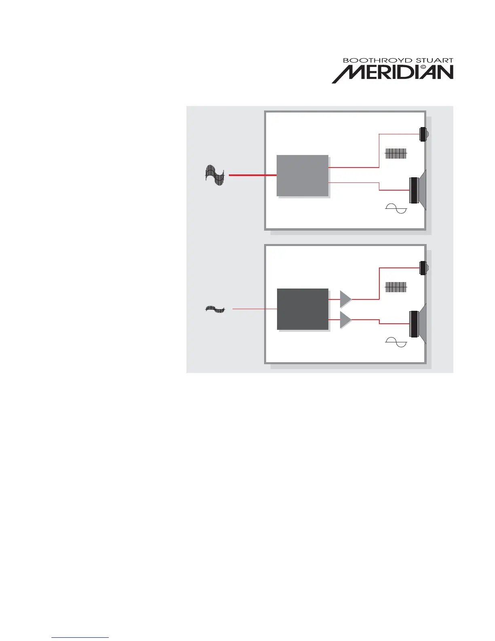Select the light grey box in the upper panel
pyautogui.click(x=302, y=176)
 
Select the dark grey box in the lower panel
pyautogui.click(x=302, y=309)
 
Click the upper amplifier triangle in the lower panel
pyautogui.click(x=345, y=299)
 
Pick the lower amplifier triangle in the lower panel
pyautogui.click(x=345, y=320)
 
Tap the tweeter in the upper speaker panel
pyautogui.click(x=423, y=134)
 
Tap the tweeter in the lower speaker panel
pyautogui.click(x=423, y=268)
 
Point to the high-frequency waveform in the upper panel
pyautogui.click(x=396, y=154)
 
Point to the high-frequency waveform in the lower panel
pyautogui.click(x=396, y=287)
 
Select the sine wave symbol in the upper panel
pyautogui.click(x=396, y=209)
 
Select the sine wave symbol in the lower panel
pyautogui.click(x=396, y=343)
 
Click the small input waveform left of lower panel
pyautogui.click(x=215, y=310)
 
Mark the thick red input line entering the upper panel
pyautogui.click(x=253, y=175)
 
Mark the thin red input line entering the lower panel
pyautogui.click(x=255, y=309)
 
